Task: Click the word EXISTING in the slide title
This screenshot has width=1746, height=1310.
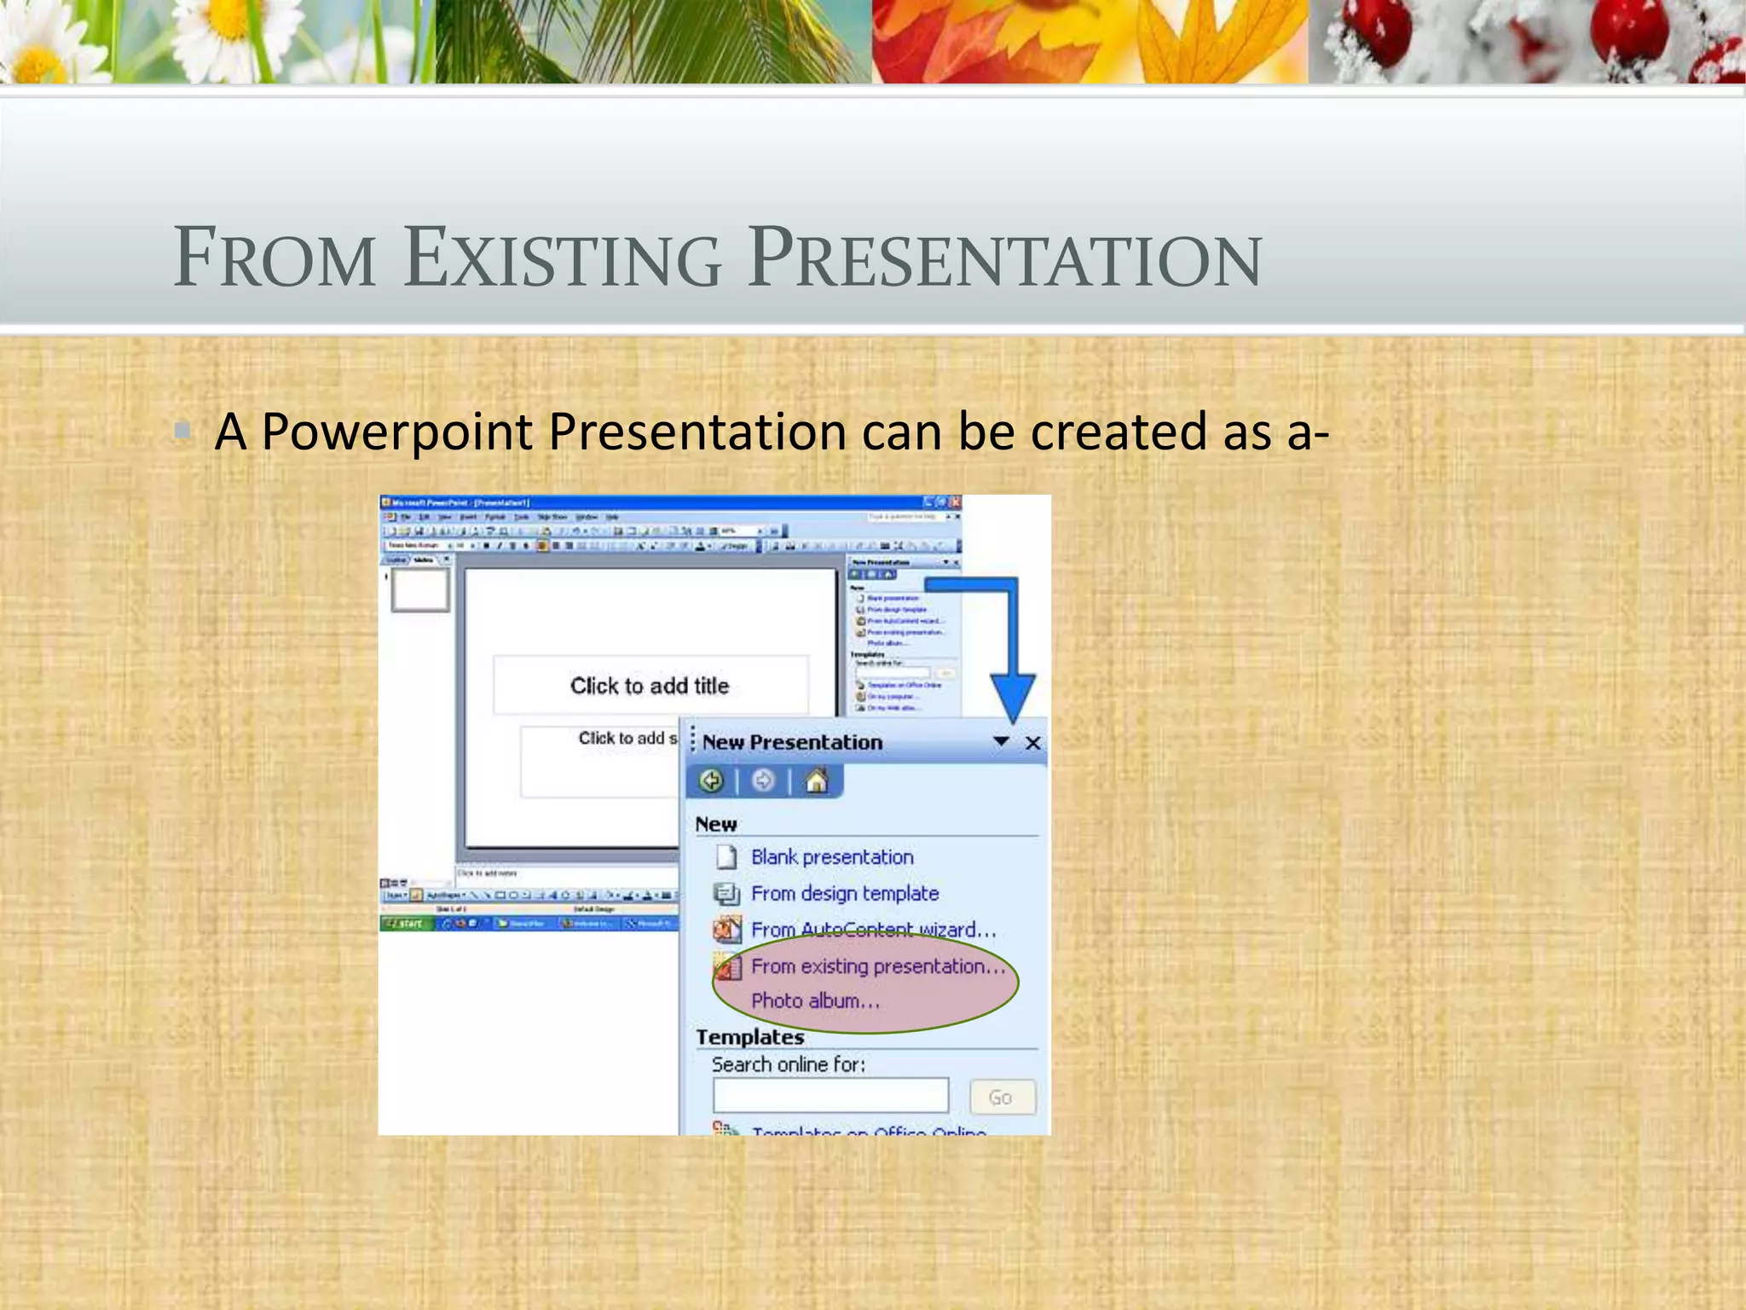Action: pyautogui.click(x=563, y=258)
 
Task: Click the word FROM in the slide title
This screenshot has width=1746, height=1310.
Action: pyautogui.click(x=275, y=258)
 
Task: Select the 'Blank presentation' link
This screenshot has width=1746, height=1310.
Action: pyautogui.click(x=831, y=857)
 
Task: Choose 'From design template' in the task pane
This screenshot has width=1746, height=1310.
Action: pyautogui.click(x=844, y=894)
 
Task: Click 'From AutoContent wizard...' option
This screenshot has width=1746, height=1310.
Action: pyautogui.click(x=872, y=930)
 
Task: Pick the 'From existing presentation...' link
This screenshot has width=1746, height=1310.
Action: pyautogui.click(x=877, y=966)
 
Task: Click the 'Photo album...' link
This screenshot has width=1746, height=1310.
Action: pyautogui.click(x=814, y=1001)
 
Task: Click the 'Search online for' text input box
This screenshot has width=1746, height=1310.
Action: pyautogui.click(x=830, y=1095)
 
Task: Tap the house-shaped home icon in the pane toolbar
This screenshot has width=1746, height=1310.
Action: pyautogui.click(x=816, y=780)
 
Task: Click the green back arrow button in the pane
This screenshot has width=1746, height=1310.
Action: pyautogui.click(x=711, y=780)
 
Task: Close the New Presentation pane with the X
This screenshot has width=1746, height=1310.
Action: pyautogui.click(x=1033, y=743)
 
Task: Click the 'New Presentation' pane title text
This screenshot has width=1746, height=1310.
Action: pyautogui.click(x=792, y=743)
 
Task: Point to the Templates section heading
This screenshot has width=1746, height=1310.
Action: pyautogui.click(x=749, y=1037)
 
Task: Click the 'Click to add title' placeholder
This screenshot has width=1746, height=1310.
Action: pyautogui.click(x=650, y=686)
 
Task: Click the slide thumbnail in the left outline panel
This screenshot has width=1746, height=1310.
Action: pyautogui.click(x=419, y=589)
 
